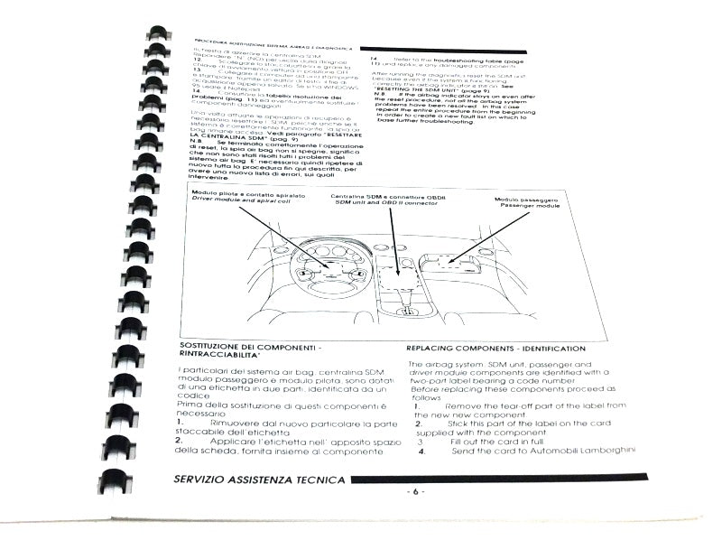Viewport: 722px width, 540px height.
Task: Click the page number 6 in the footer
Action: point(414,490)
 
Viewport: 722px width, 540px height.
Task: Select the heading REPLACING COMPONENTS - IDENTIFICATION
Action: point(495,349)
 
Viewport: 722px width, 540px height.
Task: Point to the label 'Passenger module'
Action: point(531,207)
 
